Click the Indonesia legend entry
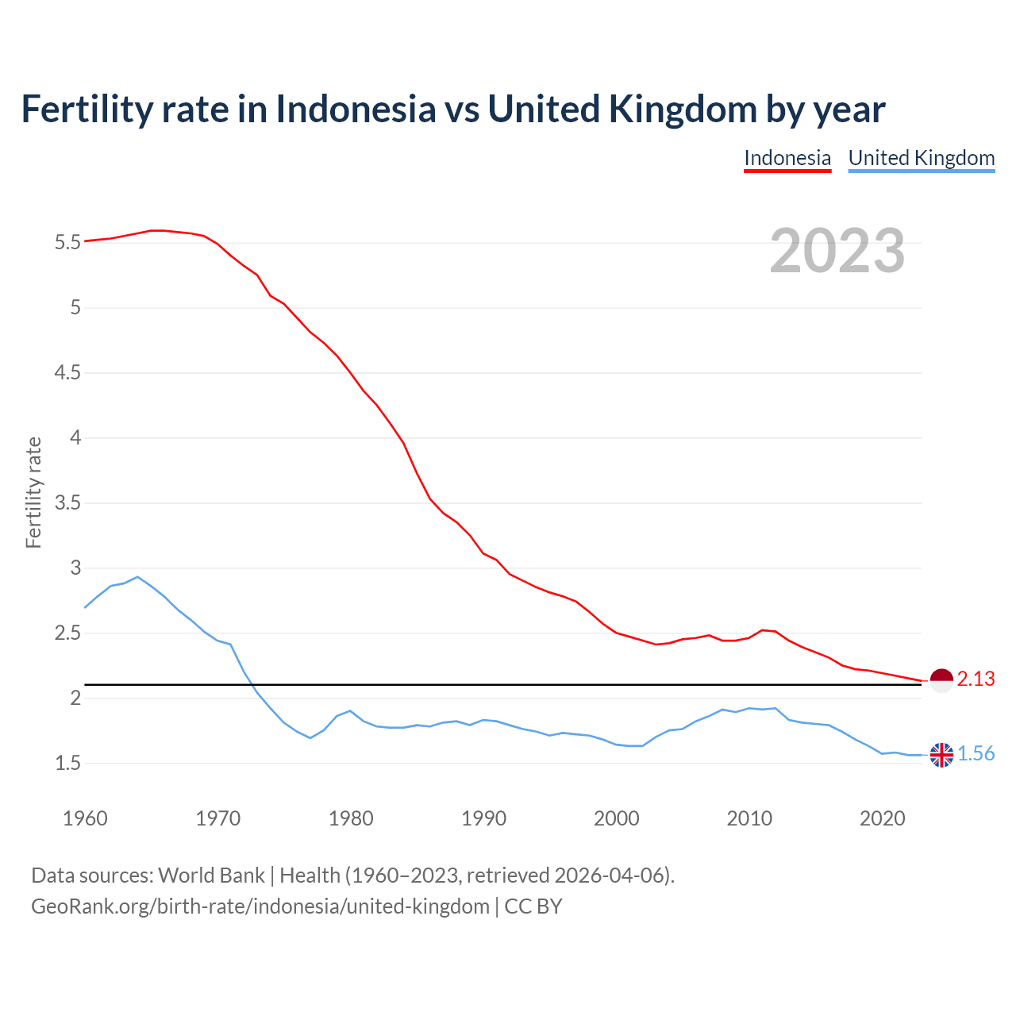pos(787,158)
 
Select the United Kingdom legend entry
pos(921,158)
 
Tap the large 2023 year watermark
pos(837,251)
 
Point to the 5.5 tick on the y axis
pos(68,242)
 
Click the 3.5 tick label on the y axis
pos(68,502)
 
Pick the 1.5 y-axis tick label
pos(68,763)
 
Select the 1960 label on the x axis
pos(85,818)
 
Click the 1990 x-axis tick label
pos(483,818)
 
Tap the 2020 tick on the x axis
pos(882,818)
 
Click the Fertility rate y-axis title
pos(33,492)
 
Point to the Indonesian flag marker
pos(941,680)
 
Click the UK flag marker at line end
pos(941,755)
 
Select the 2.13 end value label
pos(976,679)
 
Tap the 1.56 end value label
pos(976,754)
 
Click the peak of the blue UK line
pos(137,577)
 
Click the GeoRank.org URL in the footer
pos(260,906)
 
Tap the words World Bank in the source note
pos(211,876)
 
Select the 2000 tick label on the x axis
pos(616,818)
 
